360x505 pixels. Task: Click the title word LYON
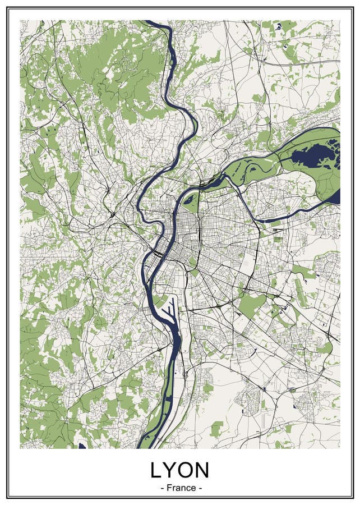tap(179, 469)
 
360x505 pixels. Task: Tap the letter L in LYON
tap(155, 469)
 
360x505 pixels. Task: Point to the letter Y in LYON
tap(169, 469)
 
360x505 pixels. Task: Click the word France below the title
tap(181, 488)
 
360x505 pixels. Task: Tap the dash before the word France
tap(162, 488)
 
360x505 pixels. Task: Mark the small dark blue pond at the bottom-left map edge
tap(82, 447)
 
